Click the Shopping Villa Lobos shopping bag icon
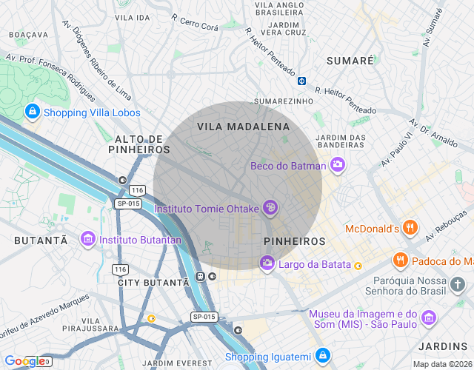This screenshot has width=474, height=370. (32, 112)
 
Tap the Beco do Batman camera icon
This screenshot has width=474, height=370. (338, 165)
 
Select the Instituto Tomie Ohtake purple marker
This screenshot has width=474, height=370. (271, 209)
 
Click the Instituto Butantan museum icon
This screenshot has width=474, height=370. (88, 240)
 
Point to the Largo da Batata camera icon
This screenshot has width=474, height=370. (267, 263)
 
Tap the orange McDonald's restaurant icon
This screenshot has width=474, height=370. (411, 229)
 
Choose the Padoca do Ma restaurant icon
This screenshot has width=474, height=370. (400, 260)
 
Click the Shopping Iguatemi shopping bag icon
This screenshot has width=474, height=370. (322, 357)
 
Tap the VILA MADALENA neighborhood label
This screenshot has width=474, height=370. (243, 127)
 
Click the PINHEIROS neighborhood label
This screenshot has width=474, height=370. (294, 241)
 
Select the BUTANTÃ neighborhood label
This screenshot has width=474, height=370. (41, 240)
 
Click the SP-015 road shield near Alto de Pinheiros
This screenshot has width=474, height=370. (127, 203)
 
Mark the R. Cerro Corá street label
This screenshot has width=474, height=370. (195, 21)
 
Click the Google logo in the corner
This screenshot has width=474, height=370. (24, 361)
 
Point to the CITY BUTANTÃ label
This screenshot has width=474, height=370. (153, 283)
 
